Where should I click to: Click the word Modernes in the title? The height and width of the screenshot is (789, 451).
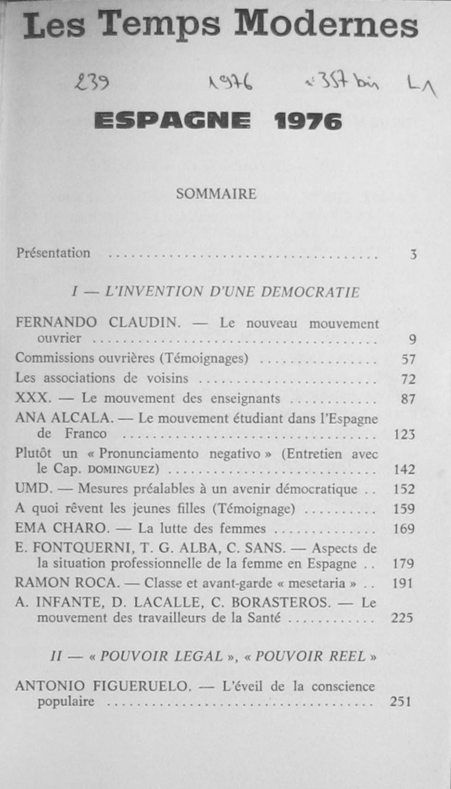coord(326,25)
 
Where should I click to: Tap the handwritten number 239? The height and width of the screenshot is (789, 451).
coord(91,85)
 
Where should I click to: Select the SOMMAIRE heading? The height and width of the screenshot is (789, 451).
coord(216,194)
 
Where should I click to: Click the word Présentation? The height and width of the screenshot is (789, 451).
coord(54,253)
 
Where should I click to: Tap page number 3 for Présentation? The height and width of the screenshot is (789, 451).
coord(413,255)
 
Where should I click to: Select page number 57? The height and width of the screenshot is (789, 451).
coord(408,359)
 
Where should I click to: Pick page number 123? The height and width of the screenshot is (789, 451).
coord(404,435)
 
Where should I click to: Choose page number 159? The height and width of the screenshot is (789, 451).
coord(404,509)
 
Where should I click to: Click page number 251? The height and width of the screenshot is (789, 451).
coord(401,702)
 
